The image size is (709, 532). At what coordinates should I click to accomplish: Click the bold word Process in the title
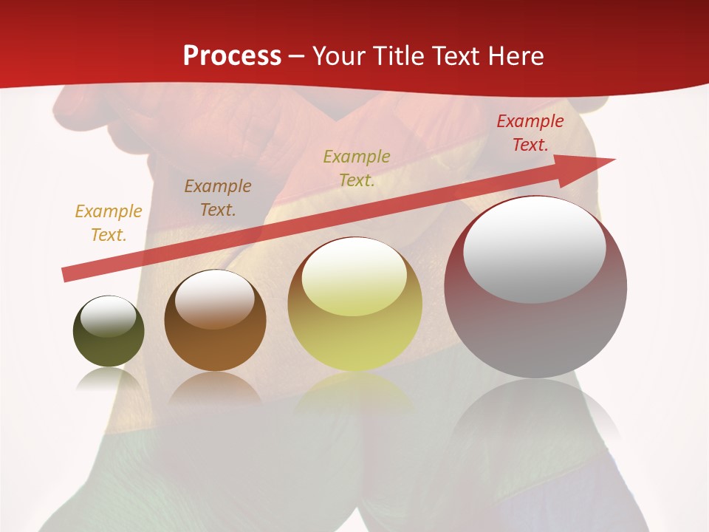point(232,56)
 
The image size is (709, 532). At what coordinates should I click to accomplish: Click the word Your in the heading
point(338,56)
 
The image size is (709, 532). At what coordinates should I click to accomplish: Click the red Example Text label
point(530,133)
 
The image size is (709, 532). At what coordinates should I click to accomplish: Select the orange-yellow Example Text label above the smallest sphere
point(109,222)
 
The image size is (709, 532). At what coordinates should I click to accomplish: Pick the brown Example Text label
point(217,197)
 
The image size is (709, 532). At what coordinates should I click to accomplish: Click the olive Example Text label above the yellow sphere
point(357,168)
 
